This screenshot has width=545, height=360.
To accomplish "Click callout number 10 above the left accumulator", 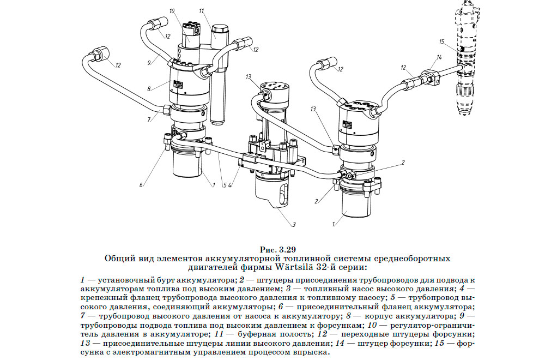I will pos(172,11).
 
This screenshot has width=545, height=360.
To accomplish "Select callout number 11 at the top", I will pos(202,11).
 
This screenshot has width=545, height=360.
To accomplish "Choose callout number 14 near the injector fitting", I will pos(439,58).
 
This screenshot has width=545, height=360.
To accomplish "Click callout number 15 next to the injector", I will pos(442,42).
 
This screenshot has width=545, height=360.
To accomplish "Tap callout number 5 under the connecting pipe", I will pos(224,185).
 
